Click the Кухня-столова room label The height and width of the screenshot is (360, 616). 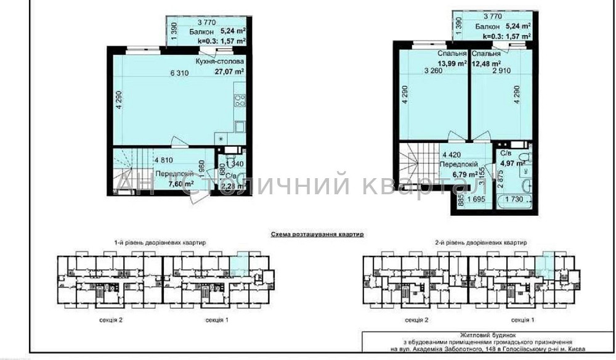pyautogui.click(x=219, y=62)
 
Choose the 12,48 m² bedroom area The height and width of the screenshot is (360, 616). pyautogui.click(x=486, y=63)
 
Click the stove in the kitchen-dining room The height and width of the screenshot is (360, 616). pyautogui.click(x=239, y=100)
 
